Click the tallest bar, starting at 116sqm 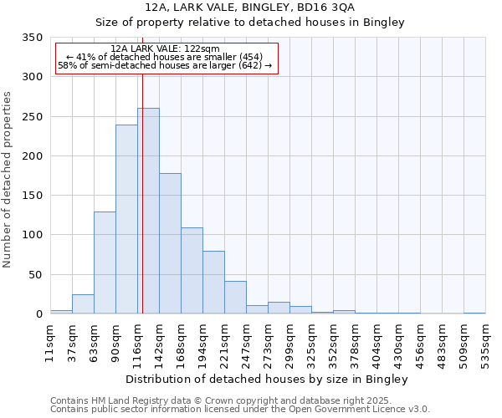click(148, 211)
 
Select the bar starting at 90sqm click(126, 219)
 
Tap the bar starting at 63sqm click(105, 263)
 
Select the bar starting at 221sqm click(235, 298)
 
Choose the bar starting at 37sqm click(83, 304)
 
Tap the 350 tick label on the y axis click(32, 38)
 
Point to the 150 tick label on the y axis click(32, 196)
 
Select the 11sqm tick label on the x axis click(51, 344)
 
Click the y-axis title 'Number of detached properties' click(8, 180)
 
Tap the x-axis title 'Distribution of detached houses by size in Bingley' click(268, 380)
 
